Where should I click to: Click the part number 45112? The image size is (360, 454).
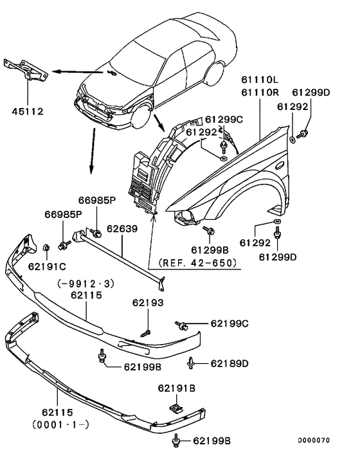[x=27, y=111]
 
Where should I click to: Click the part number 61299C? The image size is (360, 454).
[x=224, y=120]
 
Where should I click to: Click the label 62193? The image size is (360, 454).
[x=148, y=302]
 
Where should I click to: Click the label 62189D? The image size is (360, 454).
[x=229, y=363]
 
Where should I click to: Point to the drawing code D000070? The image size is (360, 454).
[x=313, y=440]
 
